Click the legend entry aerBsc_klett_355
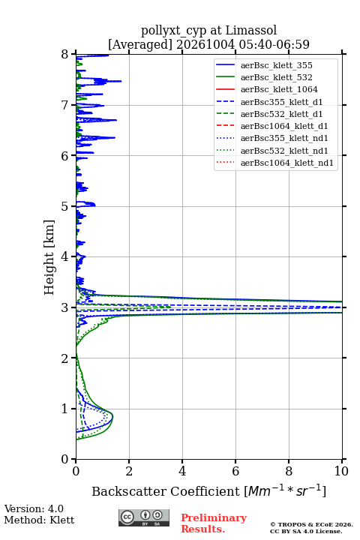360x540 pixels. [276, 65]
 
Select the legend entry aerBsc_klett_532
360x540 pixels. [276, 77]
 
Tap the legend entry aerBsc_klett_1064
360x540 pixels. [279, 89]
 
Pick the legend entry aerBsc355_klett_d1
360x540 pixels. [281, 102]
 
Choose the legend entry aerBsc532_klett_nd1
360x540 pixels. [284, 151]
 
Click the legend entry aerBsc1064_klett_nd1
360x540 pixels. [287, 163]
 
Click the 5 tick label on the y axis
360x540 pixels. [65, 206]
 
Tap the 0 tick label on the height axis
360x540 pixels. [65, 459]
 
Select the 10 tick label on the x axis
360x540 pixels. [341, 471]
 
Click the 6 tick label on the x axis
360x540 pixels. [235, 471]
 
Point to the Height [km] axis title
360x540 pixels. [49, 257]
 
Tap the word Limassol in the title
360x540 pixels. [251, 31]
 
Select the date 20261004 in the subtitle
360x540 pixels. [205, 44]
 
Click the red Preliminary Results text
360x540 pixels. [214, 523]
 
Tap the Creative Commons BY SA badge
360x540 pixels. [144, 517]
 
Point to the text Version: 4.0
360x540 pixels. [34, 508]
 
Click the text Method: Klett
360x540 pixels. [39, 520]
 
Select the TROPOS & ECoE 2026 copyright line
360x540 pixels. [311, 524]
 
